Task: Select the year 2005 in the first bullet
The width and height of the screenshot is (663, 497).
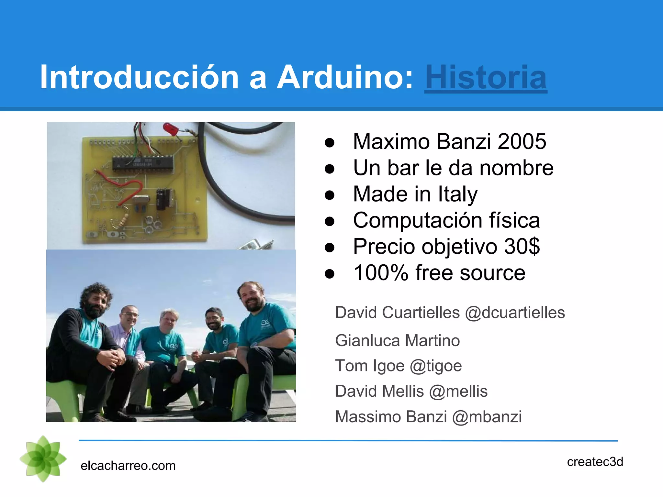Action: click(522, 141)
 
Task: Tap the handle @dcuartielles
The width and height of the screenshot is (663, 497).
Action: click(515, 313)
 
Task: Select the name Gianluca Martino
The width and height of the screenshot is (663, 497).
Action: click(397, 341)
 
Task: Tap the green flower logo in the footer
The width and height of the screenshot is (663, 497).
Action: click(43, 459)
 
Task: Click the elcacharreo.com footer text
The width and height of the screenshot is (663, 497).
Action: click(128, 466)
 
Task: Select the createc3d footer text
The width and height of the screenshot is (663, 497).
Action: click(595, 462)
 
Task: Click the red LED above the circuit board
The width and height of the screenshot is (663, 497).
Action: click(170, 128)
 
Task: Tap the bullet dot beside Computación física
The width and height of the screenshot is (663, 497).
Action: click(329, 221)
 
